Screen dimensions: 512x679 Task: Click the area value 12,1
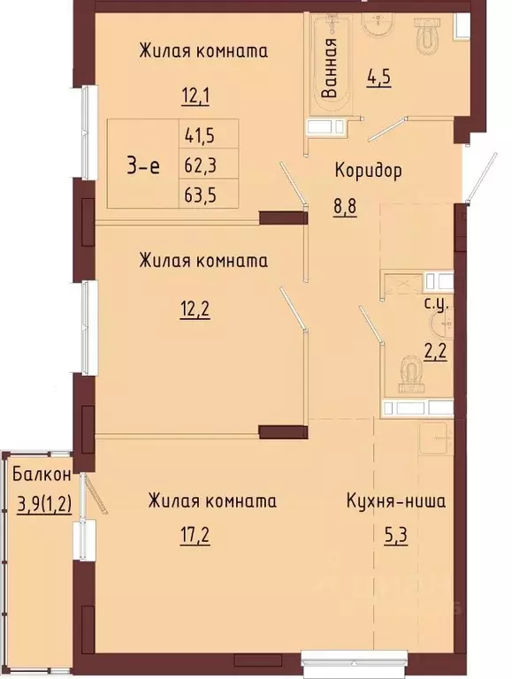[x=195, y=95]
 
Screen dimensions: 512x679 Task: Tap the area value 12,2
[x=195, y=309]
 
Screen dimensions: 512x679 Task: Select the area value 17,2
[x=195, y=536]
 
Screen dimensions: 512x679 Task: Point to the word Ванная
[x=330, y=67]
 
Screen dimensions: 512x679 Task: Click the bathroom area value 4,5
[x=378, y=78]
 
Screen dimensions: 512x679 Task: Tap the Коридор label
[x=368, y=170]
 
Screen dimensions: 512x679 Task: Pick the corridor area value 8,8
[x=345, y=207]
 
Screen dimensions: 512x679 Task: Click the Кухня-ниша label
[x=395, y=501]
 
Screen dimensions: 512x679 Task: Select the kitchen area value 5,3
[x=395, y=536]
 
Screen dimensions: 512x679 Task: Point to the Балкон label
[x=42, y=475]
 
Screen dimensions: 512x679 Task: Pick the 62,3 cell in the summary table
[x=209, y=164]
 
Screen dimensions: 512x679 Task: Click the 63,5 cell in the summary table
[x=209, y=194]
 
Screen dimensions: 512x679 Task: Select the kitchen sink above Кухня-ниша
[x=435, y=439]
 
